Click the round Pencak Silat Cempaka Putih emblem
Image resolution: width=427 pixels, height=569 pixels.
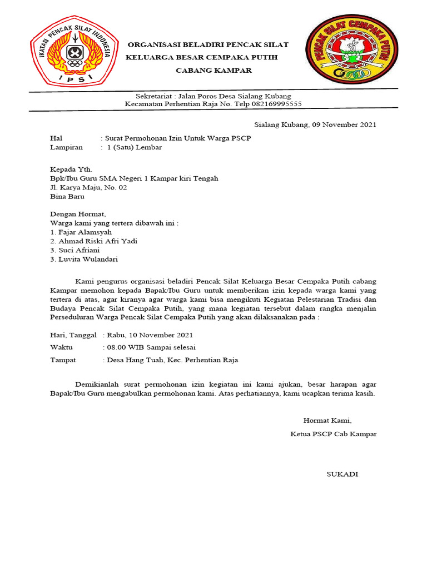tap(351, 53)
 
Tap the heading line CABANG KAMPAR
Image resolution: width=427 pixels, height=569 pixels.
tap(214, 71)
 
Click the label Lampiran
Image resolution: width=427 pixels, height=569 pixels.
tap(66, 147)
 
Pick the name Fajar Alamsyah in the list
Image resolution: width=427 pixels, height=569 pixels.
tap(84, 232)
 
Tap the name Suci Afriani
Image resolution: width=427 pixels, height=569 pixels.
tap(81, 250)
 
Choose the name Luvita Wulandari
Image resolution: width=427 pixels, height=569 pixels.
tap(88, 259)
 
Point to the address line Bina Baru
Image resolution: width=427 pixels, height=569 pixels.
tap(66, 196)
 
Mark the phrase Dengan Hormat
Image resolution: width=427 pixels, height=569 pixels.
tap(77, 214)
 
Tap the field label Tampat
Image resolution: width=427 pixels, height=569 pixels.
tap(63, 360)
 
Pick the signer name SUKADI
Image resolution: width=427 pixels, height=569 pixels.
tap(342, 474)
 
